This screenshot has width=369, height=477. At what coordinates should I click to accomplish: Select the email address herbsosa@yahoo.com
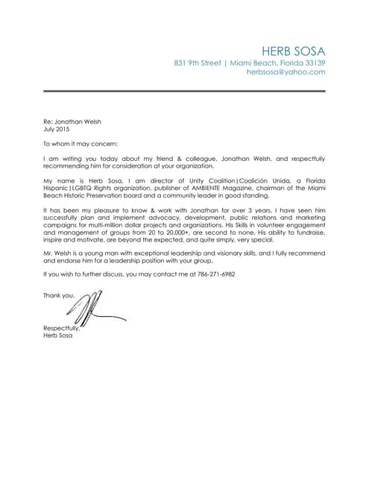point(286,72)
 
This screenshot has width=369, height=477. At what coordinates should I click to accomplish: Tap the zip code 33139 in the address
point(314,63)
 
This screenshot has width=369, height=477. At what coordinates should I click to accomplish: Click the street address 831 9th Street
point(197,63)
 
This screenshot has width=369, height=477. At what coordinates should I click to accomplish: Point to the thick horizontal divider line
point(184,92)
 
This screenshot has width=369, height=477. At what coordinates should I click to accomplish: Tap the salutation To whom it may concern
point(81,143)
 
